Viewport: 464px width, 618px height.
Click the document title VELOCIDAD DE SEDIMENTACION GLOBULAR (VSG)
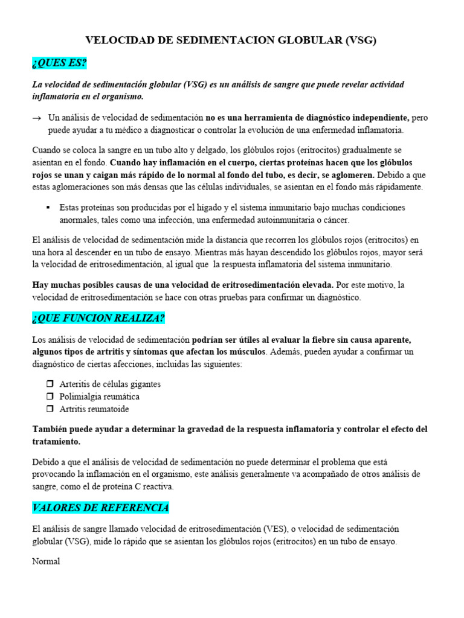[x=231, y=40]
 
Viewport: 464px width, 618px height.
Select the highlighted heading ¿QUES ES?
[x=60, y=64]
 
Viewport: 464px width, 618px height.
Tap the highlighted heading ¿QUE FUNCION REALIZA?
[x=98, y=318]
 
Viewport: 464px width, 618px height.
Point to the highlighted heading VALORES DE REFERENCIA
[x=100, y=508]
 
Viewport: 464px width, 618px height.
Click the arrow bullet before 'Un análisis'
[x=37, y=118]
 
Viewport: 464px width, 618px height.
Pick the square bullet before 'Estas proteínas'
[x=48, y=207]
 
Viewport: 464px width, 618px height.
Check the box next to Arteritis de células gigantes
[x=50, y=384]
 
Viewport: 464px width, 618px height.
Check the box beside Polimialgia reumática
[x=50, y=397]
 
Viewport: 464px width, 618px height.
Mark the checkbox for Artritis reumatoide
[x=50, y=409]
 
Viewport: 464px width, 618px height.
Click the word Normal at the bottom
[x=46, y=561]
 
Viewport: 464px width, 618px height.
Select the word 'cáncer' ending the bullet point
[x=337, y=220]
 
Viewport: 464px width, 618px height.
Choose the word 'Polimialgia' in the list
[x=80, y=397]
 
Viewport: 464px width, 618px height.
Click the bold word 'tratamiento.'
[x=56, y=442]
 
